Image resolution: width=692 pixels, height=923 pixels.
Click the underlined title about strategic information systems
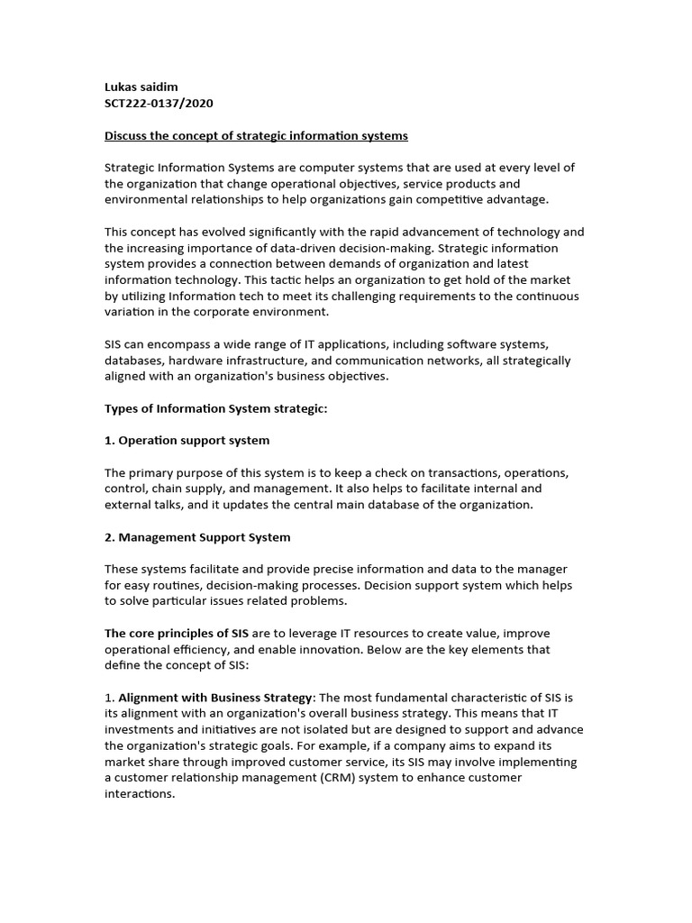256,136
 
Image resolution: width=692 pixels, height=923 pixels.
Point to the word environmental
145,200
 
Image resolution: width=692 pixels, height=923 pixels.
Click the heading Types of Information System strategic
216,408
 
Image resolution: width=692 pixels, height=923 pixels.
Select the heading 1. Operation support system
187,441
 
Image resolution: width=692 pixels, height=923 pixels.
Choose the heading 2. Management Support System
197,537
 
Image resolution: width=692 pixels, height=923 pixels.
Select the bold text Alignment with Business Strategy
215,698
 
